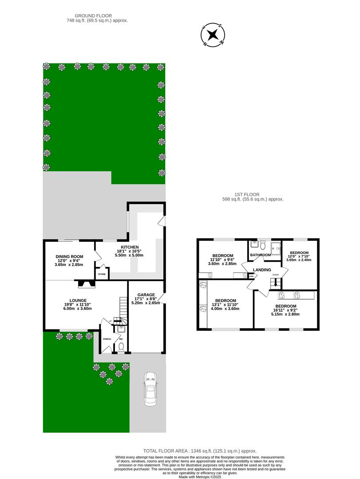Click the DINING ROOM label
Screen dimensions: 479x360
coord(69,256)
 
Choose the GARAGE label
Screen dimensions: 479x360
coord(146,295)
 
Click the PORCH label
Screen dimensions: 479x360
coord(107,339)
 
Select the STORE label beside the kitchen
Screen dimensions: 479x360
coord(102,275)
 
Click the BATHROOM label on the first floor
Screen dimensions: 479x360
coord(260,255)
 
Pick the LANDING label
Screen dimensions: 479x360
coord(262,270)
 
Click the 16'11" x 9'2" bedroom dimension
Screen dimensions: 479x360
coord(285,310)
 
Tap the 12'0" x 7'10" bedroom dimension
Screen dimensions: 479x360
coord(299,256)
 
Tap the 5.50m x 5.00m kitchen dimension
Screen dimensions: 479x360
coord(129,255)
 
